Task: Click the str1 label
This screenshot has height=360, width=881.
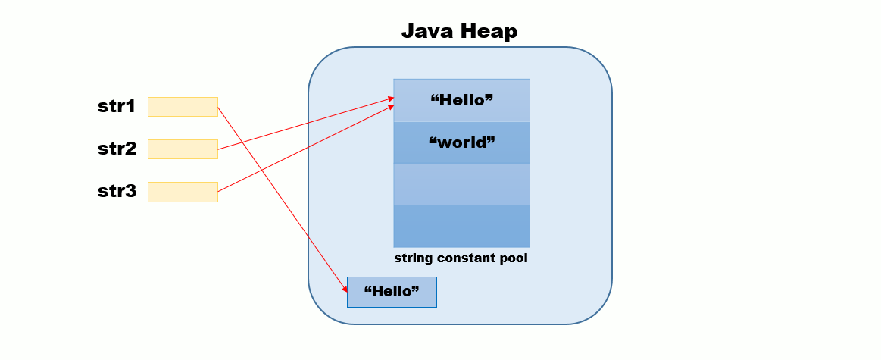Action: click(x=116, y=107)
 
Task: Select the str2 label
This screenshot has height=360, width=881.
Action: click(x=117, y=149)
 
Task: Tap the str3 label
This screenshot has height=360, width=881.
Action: click(x=117, y=192)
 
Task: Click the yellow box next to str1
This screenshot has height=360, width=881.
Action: click(x=183, y=107)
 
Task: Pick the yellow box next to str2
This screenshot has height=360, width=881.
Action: click(x=183, y=149)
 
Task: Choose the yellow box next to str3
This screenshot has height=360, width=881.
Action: click(x=183, y=192)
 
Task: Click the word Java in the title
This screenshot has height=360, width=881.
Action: click(x=428, y=31)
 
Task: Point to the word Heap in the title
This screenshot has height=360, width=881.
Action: click(x=489, y=31)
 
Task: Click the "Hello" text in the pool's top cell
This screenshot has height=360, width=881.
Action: click(x=461, y=100)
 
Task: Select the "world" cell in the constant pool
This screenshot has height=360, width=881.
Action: click(x=461, y=142)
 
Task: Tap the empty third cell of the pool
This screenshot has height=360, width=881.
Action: click(x=461, y=184)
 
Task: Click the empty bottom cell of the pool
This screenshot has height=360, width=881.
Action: click(x=461, y=226)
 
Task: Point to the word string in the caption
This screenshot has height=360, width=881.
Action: click(x=414, y=258)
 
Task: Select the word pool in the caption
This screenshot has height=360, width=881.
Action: click(x=514, y=258)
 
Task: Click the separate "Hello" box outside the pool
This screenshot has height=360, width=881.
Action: click(x=392, y=292)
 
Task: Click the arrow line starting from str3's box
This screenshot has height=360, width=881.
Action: click(x=303, y=149)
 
